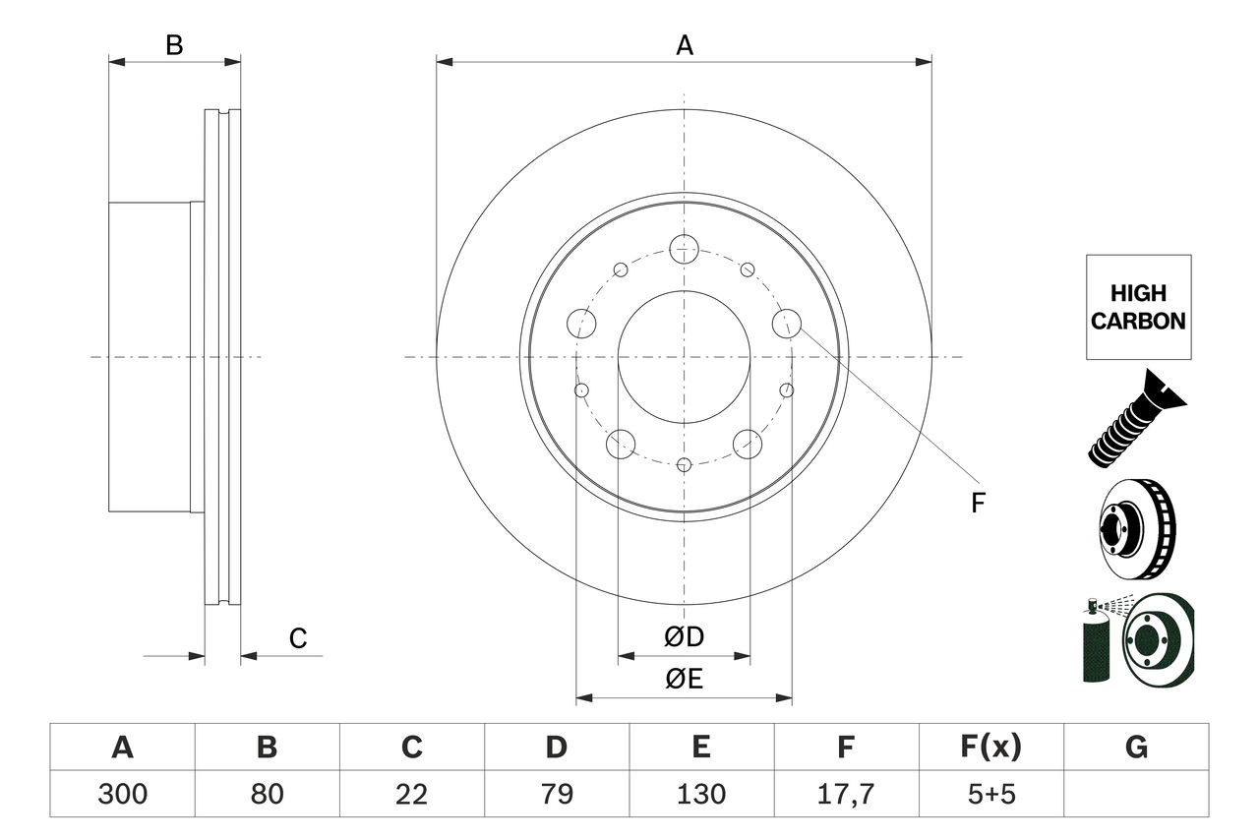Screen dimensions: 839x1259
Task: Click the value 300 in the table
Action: click(123, 794)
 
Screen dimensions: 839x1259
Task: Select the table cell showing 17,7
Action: click(846, 794)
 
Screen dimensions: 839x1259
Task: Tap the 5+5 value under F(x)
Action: click(991, 794)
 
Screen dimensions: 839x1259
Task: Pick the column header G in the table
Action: click(1136, 748)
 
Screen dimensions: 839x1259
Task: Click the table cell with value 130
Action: click(701, 794)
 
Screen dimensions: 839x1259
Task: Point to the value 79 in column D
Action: click(557, 794)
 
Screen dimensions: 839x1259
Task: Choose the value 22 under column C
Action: click(412, 794)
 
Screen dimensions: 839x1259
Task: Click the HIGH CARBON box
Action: click(1138, 307)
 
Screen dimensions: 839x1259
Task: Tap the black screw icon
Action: click(1137, 417)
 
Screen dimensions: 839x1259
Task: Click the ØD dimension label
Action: click(685, 637)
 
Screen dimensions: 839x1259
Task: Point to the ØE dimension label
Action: click(685, 679)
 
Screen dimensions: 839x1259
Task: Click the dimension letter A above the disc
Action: click(685, 44)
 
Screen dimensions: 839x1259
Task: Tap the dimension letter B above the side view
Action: click(174, 44)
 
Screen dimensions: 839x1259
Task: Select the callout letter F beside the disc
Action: click(977, 503)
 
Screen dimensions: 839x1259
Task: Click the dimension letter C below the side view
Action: click(298, 638)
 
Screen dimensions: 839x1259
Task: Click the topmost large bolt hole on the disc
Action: click(684, 249)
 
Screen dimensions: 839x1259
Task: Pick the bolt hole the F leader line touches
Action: click(787, 323)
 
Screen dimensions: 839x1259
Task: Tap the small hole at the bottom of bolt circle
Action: click(685, 464)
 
